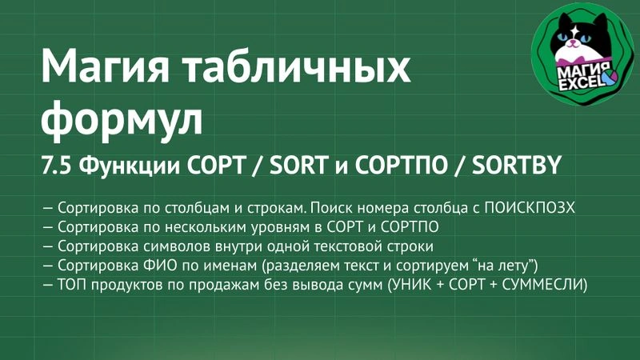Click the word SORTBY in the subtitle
tap(516, 165)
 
